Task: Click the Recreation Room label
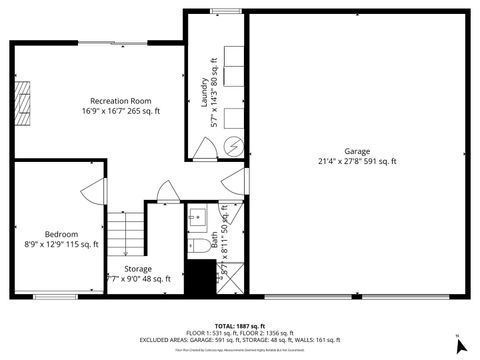[120, 101]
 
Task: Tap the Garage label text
[357, 151]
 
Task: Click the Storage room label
[138, 268]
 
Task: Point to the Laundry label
[203, 88]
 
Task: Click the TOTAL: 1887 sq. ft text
[240, 326]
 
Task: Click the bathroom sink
[196, 216]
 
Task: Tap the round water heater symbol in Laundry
[233, 145]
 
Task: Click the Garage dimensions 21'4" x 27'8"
[357, 161]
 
